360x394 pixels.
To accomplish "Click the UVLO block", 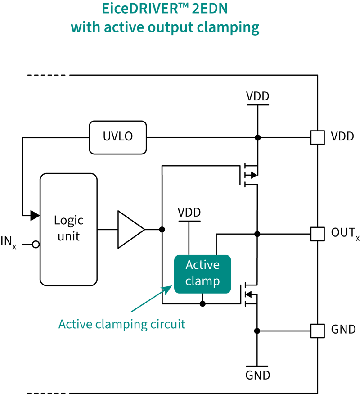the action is point(118,137).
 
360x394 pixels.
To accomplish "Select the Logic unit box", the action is point(68,229).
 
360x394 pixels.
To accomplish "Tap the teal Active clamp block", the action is point(202,274).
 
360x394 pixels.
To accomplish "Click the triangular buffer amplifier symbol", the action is point(131,229).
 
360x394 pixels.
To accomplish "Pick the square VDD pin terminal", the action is point(318,137).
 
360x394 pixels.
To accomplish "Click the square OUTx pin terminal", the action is point(318,234).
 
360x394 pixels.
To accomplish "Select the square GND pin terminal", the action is point(318,331).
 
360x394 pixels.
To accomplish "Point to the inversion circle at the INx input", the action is point(36,244).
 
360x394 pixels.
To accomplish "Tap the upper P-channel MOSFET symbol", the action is point(248,175).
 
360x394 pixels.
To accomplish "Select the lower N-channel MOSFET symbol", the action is point(248,294).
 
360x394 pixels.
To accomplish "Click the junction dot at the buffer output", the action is point(162,229).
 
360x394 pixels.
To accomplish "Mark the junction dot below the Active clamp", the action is point(202,304).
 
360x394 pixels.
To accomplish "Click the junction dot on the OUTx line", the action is point(257,234).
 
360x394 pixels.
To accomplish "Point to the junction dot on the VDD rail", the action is point(257,137).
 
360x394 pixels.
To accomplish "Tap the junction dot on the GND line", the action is point(257,331).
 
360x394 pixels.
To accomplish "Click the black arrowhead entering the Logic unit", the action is point(35,215).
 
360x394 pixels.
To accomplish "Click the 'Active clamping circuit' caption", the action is point(122,324).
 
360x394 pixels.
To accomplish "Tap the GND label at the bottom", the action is point(257,376).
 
